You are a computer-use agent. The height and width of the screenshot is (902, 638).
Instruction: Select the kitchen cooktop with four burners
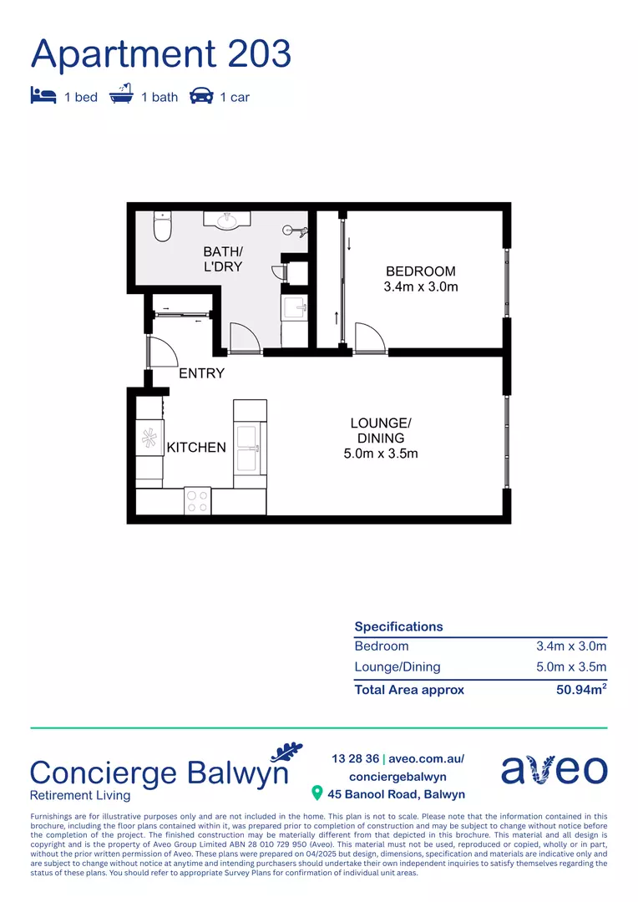(x=198, y=501)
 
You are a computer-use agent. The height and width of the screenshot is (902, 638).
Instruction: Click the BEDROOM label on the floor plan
(x=420, y=271)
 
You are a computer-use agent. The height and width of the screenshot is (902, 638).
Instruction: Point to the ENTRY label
(x=201, y=373)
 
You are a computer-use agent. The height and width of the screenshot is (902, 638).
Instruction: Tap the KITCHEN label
(x=196, y=448)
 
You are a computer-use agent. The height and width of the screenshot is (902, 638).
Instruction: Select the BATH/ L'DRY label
(x=223, y=259)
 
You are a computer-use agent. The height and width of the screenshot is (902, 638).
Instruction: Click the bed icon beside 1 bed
(x=43, y=95)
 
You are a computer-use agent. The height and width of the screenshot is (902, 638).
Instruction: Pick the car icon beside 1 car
(x=201, y=95)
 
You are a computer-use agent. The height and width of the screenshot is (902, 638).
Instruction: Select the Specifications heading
(x=398, y=626)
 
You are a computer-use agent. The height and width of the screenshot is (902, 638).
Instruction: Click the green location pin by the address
(x=316, y=793)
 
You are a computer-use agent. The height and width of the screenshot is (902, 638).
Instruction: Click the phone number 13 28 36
(x=354, y=759)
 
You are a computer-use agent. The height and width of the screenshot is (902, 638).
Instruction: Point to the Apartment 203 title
(x=161, y=54)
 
